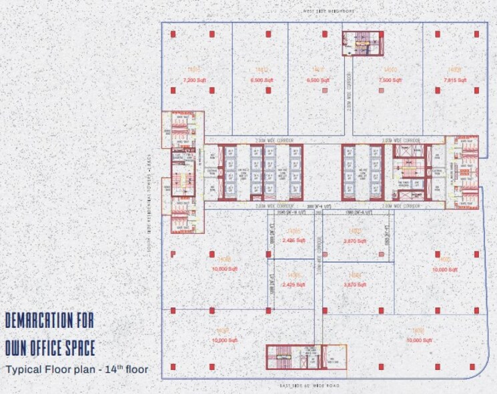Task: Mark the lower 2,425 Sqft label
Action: tap(294, 285)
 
